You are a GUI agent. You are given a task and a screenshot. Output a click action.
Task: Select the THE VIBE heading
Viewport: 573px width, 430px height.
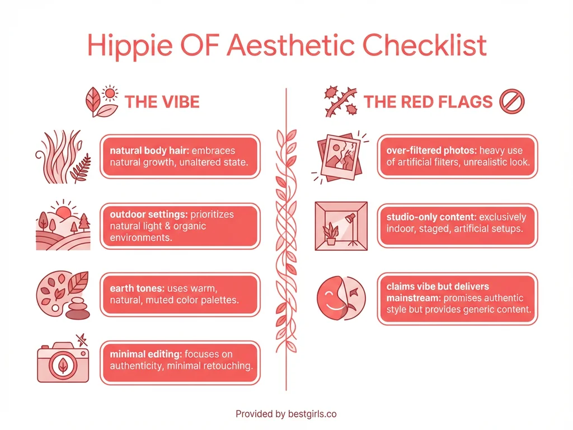click(162, 102)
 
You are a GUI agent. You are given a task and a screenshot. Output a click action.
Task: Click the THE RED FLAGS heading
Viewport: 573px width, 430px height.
click(428, 102)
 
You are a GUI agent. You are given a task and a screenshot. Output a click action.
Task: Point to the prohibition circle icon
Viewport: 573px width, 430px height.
click(510, 102)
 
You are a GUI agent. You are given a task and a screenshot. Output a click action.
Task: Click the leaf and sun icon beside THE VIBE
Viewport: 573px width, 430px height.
click(101, 101)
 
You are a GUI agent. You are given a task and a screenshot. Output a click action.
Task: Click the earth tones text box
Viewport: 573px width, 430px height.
click(180, 293)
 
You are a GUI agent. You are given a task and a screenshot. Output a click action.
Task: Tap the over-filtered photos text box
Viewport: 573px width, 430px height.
click(457, 157)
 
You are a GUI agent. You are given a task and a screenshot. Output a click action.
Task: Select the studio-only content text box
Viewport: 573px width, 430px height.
click(457, 222)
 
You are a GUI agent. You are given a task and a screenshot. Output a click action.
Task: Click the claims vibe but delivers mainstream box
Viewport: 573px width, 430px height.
click(457, 298)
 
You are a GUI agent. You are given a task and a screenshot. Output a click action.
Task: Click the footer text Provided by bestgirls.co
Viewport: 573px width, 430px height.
click(286, 414)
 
